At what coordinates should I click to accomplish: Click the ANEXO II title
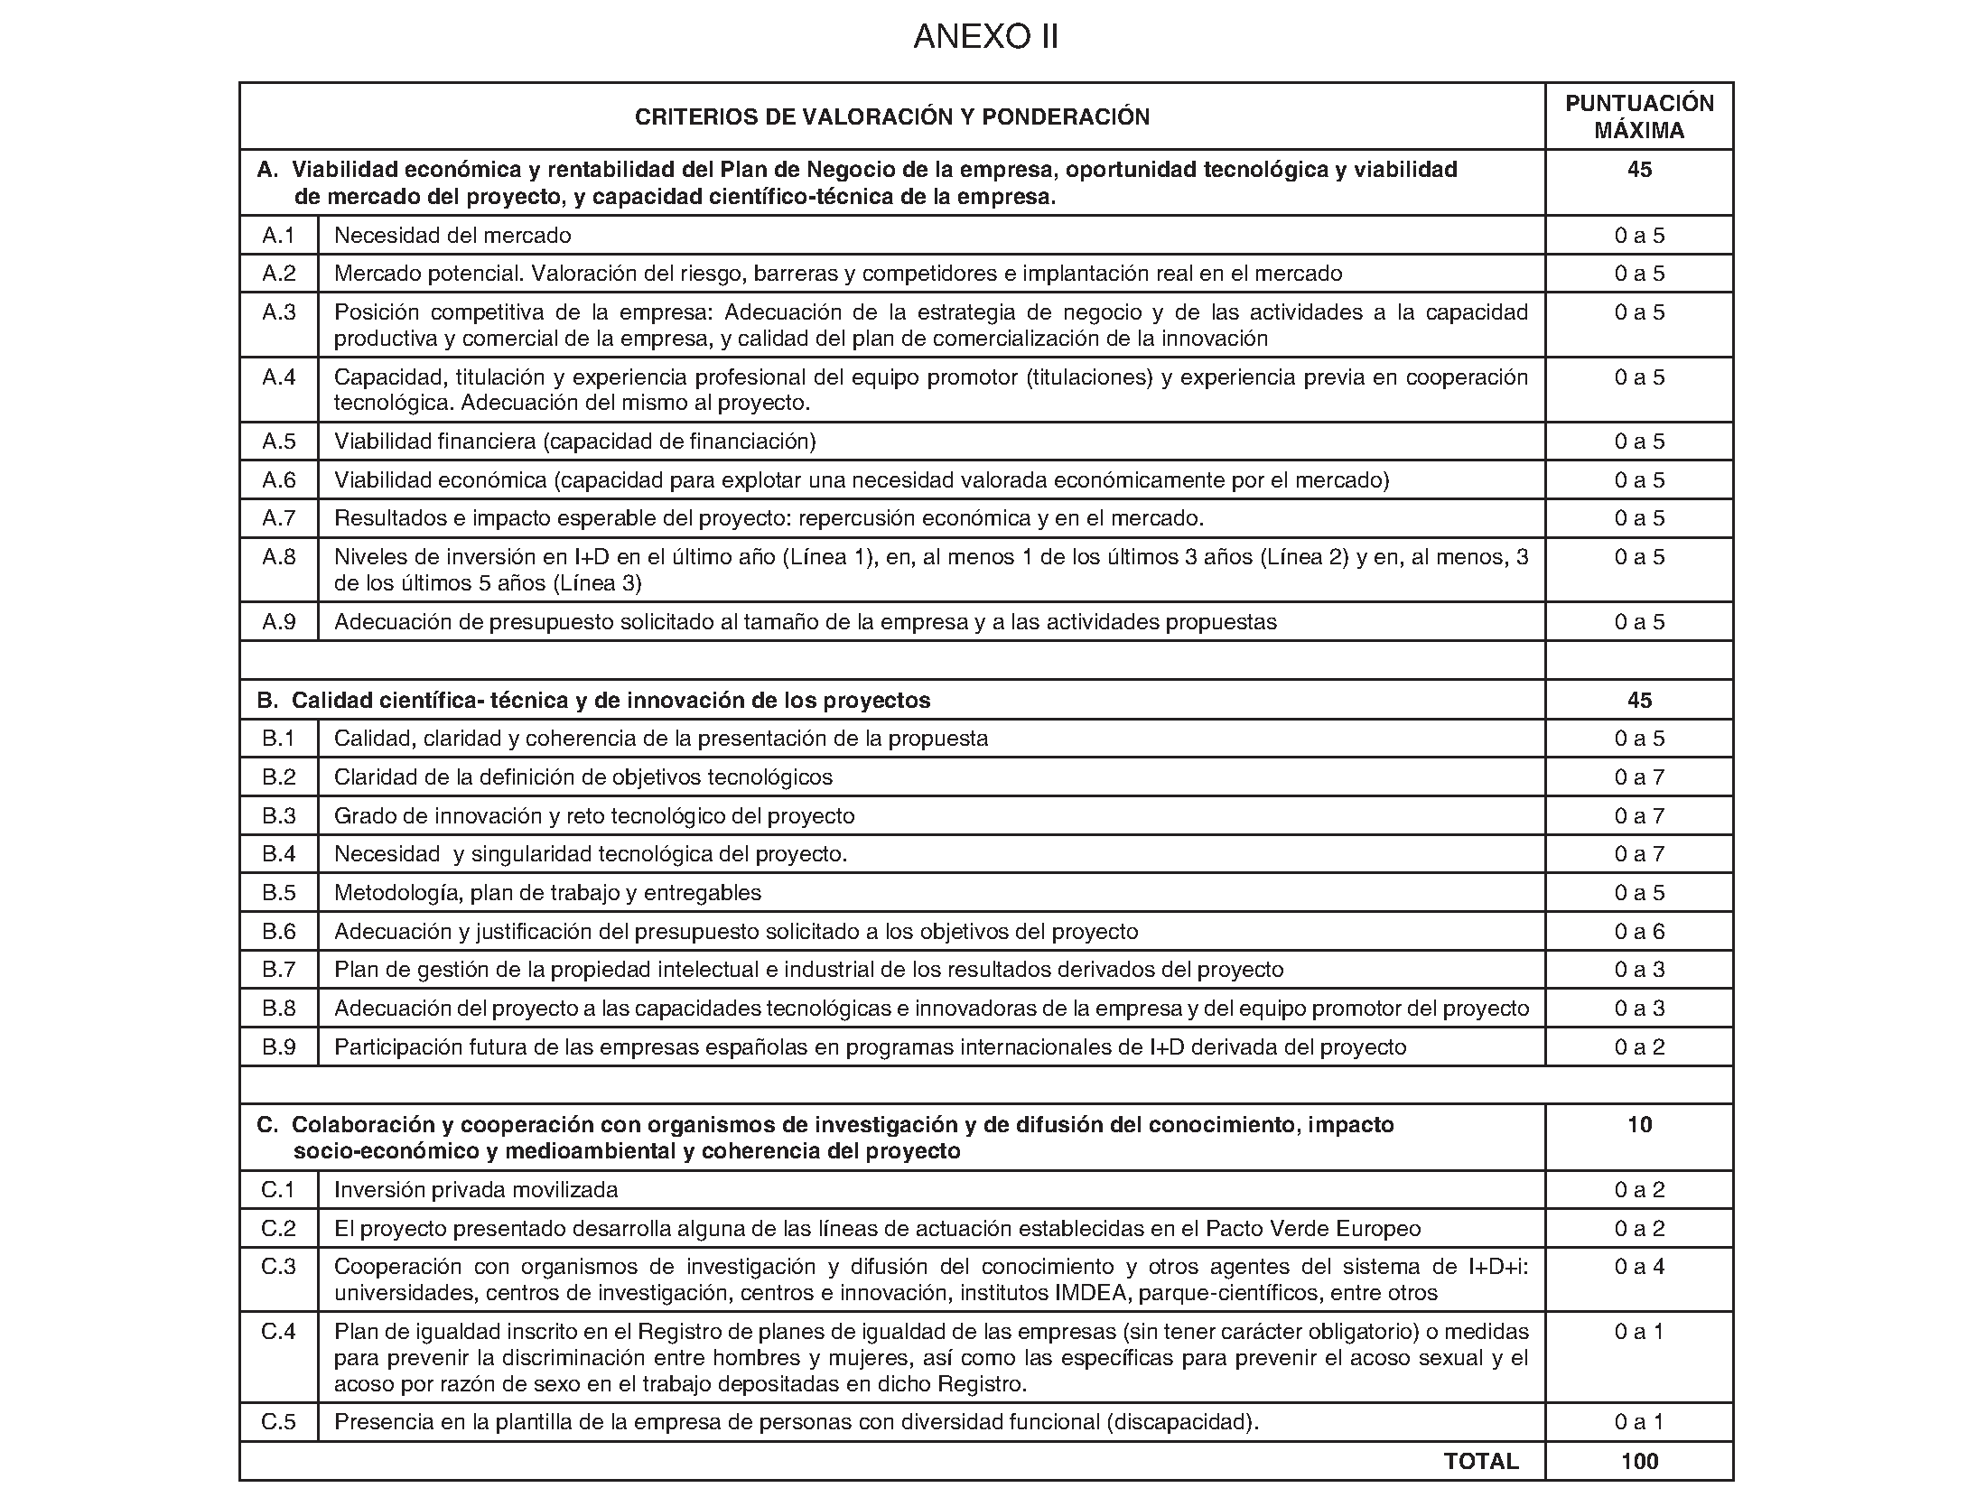[985, 37]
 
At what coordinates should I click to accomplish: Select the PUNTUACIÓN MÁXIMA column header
[1638, 116]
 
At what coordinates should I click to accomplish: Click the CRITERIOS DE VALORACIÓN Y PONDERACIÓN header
[891, 116]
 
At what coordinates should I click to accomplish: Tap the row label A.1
[278, 236]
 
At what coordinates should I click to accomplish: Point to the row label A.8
[278, 557]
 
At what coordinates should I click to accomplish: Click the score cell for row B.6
[1638, 931]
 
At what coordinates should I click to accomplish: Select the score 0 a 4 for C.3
[1638, 1267]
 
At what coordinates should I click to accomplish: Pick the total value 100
[1638, 1461]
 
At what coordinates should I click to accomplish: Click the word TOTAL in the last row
[1480, 1461]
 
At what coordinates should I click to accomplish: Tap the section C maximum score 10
[1638, 1125]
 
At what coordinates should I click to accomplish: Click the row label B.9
[278, 1047]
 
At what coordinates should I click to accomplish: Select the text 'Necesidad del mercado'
[452, 236]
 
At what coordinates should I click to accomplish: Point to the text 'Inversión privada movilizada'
[476, 1190]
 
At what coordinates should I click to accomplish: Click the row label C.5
[278, 1422]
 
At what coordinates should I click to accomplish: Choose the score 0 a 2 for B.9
[1638, 1047]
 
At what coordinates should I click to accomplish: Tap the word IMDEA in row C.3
[1093, 1293]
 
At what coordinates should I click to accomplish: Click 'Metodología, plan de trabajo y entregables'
[547, 893]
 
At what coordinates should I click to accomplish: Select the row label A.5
[278, 442]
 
